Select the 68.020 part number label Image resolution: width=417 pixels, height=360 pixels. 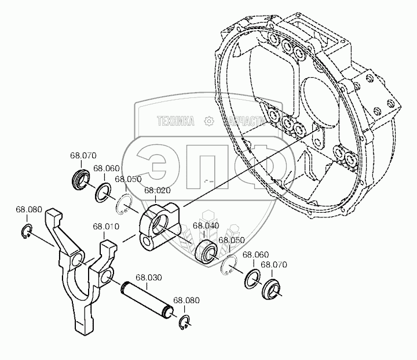[157, 190]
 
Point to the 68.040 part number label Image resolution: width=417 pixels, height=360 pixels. [206, 226]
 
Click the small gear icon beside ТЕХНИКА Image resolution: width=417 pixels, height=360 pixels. [209, 121]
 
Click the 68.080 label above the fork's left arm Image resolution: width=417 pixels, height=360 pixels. [29, 209]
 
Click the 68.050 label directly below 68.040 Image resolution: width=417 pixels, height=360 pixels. [231, 240]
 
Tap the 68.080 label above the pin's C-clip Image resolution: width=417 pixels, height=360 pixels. [186, 300]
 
